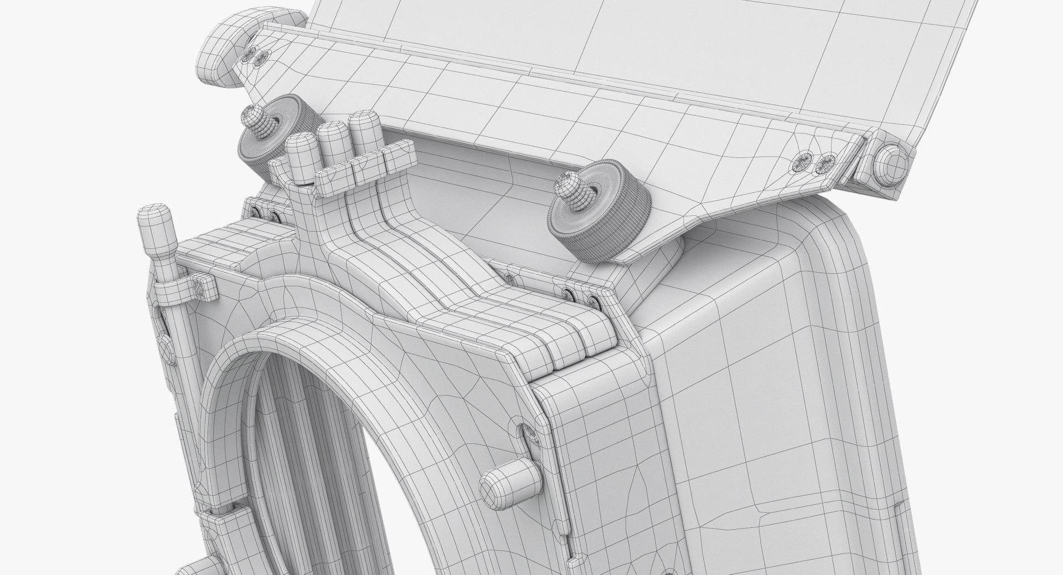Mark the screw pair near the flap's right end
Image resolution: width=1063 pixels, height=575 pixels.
click(x=812, y=162)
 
